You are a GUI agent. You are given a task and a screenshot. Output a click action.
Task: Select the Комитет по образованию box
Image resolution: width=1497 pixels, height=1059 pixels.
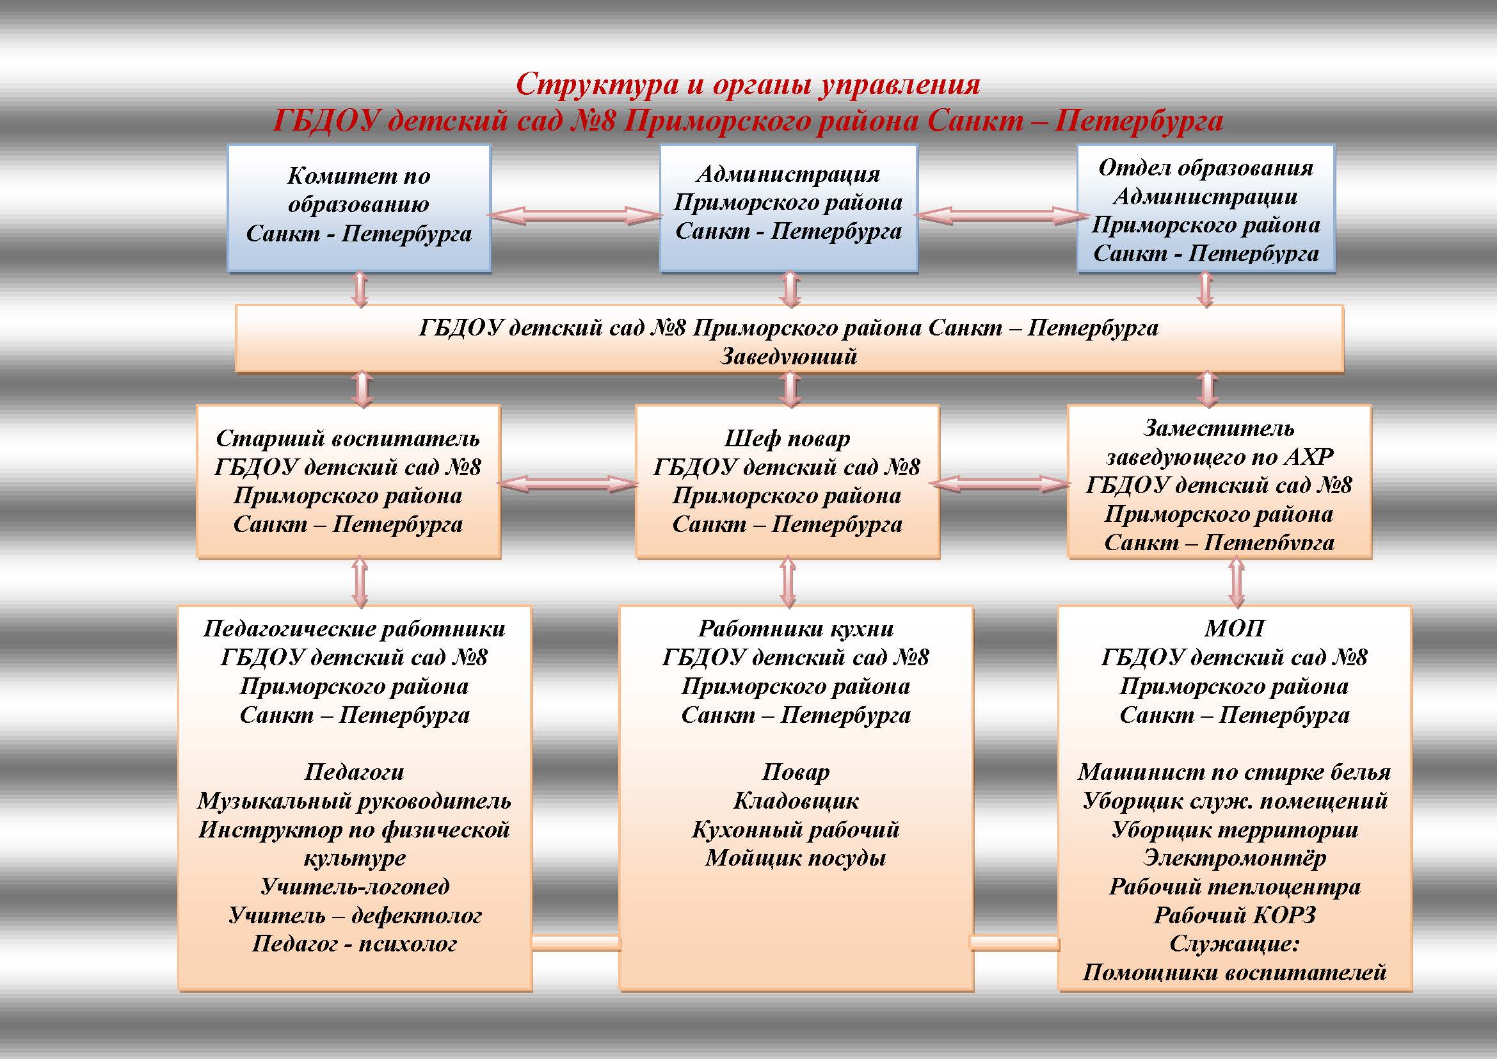358,207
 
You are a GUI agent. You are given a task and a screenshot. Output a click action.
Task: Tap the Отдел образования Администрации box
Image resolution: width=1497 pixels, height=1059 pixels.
1206,209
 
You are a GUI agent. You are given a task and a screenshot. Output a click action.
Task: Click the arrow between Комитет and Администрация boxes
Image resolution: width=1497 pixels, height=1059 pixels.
575,215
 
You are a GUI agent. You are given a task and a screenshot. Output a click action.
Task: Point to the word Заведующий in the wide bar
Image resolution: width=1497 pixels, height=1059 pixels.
789,356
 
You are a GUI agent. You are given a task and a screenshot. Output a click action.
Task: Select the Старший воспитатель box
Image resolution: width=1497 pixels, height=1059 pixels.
348,481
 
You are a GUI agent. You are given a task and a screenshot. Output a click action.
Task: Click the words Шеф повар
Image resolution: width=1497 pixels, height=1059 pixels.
787,438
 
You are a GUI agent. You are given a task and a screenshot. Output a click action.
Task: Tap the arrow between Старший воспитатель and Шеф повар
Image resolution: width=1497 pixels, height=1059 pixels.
568,483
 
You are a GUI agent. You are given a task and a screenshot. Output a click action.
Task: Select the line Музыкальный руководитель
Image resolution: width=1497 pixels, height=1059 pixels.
354,801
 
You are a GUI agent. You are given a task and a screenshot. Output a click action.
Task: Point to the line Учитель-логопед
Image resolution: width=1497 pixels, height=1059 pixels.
355,886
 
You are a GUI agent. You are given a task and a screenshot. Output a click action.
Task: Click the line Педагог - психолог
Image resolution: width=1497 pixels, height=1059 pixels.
355,944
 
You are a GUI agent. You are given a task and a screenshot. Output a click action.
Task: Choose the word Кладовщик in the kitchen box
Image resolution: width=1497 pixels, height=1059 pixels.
796,801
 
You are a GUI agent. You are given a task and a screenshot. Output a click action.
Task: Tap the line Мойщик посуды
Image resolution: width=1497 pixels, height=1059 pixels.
796,858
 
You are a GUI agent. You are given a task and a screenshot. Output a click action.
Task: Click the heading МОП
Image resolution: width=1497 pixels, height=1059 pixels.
1234,628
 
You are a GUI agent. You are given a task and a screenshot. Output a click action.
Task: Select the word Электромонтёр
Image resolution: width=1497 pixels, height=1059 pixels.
1234,858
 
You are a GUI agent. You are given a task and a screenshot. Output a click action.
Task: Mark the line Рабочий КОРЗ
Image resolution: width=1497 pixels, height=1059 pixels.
1234,915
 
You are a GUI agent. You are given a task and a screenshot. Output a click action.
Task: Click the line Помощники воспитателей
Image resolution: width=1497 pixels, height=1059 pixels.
1234,973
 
